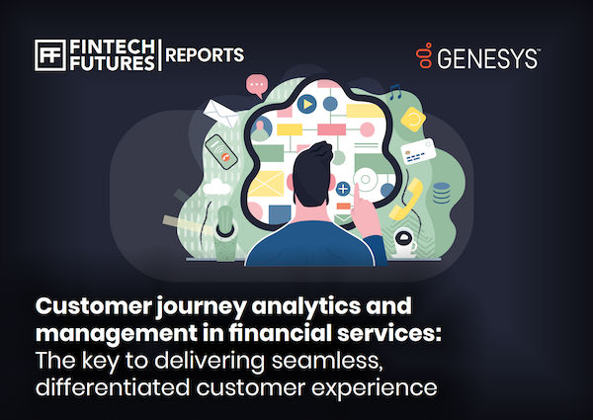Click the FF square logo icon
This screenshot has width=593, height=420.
50,55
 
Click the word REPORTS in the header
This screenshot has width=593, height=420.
205,55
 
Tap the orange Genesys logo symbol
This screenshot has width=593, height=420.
424,55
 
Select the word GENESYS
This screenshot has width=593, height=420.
488,58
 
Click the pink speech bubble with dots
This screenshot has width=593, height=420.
257,85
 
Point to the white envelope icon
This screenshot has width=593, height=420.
220,113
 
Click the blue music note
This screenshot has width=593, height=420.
395,92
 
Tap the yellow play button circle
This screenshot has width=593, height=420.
306,104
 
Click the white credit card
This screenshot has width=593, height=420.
418,151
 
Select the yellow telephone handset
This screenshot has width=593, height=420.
406,199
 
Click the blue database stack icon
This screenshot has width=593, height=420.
441,193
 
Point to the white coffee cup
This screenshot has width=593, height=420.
404,243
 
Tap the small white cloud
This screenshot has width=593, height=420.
216,187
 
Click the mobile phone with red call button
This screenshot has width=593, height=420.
221,152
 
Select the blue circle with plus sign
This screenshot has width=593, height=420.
343,188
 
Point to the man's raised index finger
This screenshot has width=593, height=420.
357,194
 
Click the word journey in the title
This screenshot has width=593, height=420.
202,307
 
